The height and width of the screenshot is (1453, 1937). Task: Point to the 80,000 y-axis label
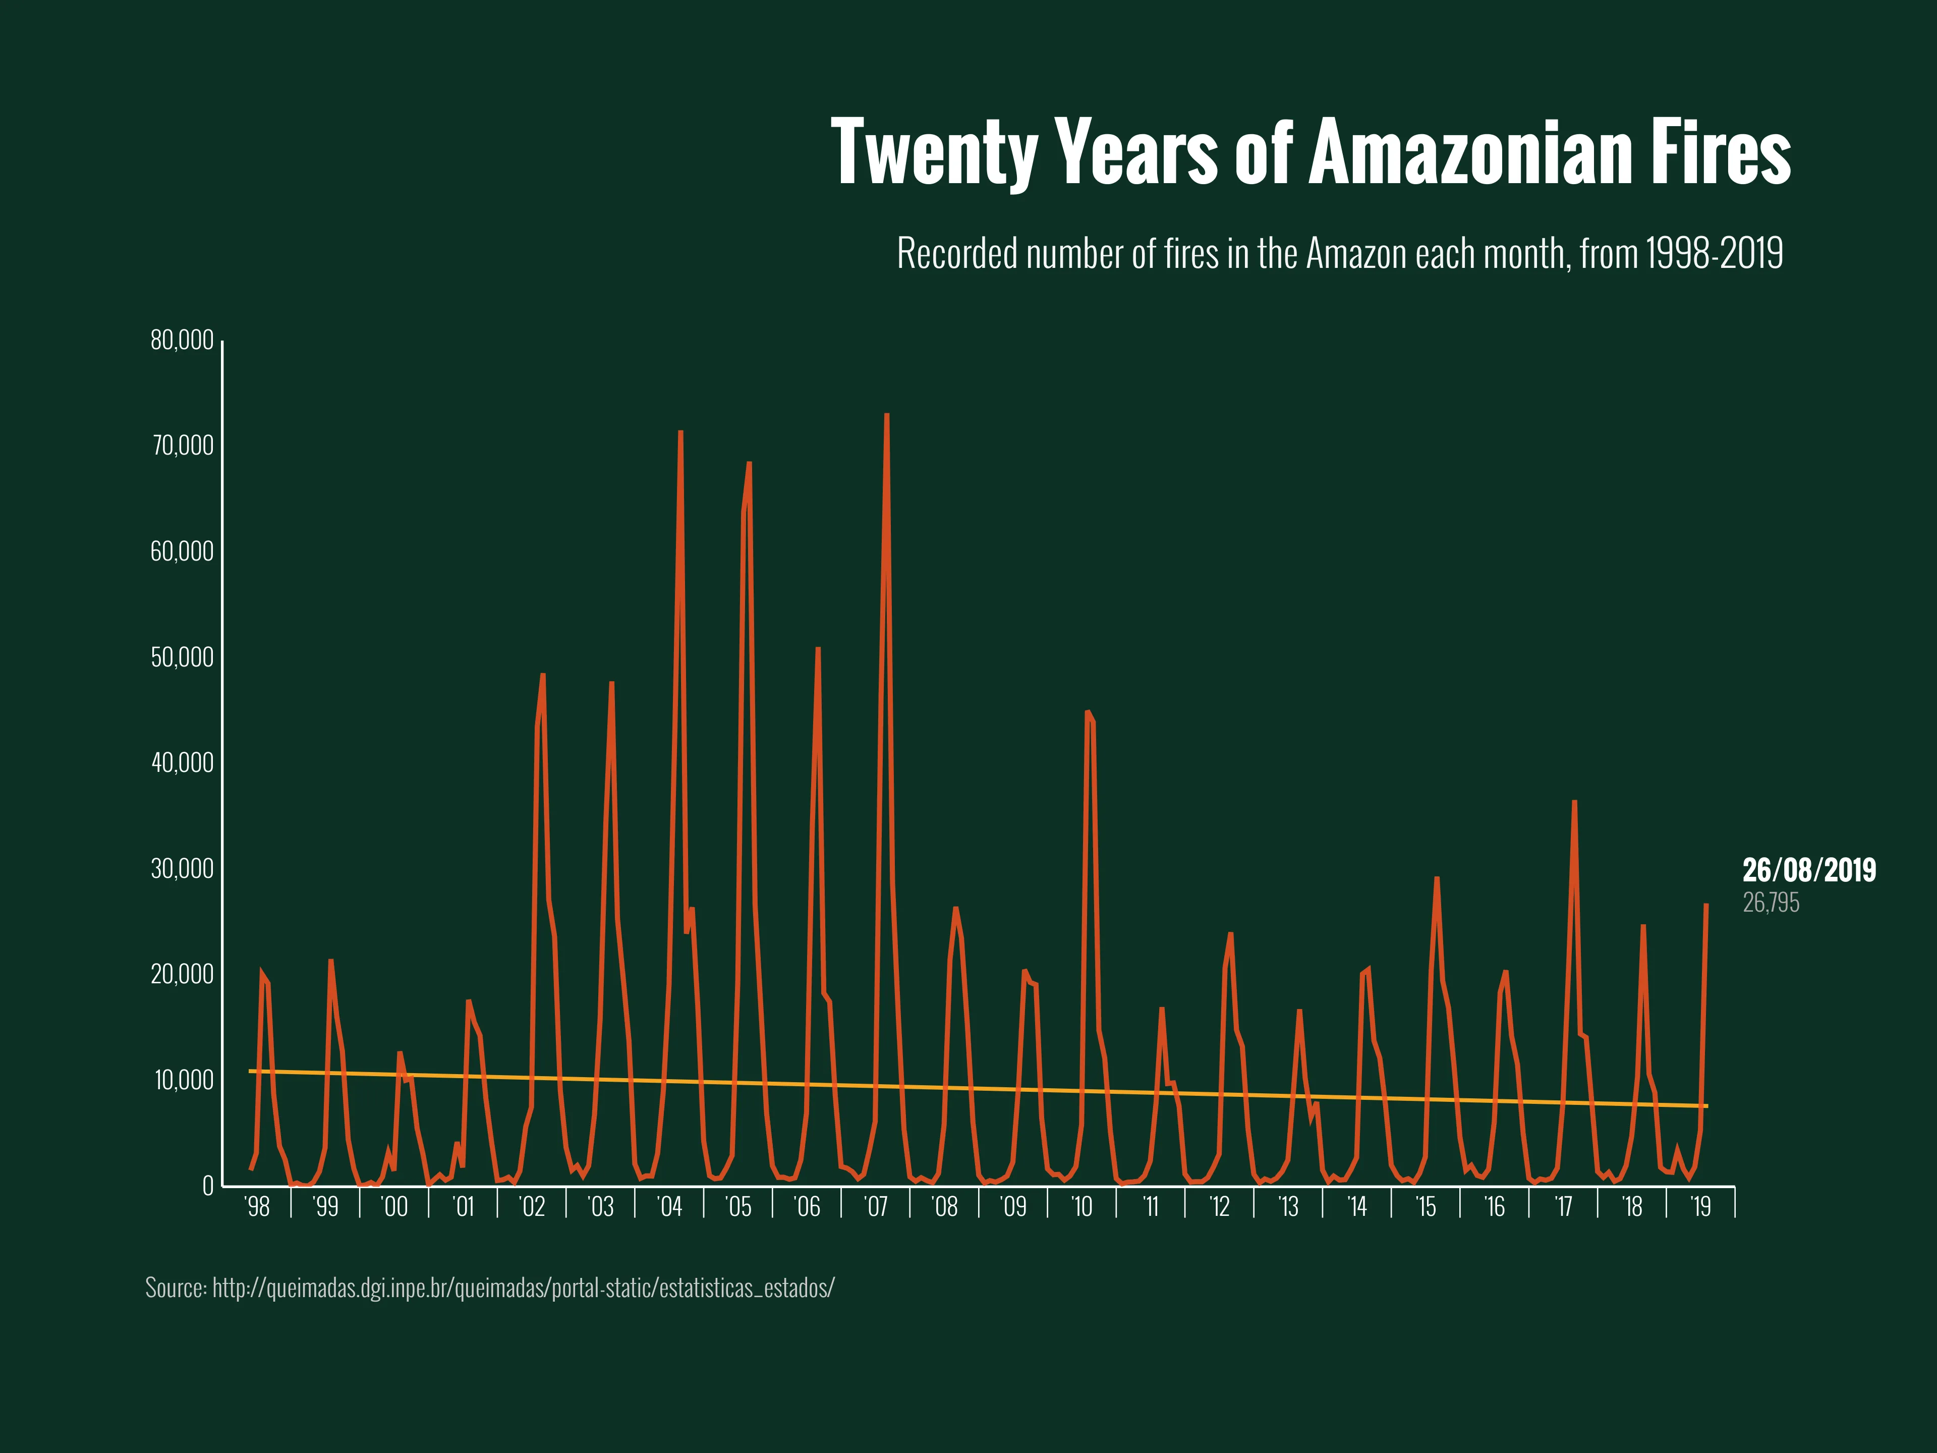click(182, 341)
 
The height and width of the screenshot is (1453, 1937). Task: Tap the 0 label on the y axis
click(207, 1186)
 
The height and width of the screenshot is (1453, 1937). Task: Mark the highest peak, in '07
click(887, 415)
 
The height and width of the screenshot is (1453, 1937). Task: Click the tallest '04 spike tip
click(680, 432)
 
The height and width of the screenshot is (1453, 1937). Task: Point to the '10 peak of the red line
click(1087, 712)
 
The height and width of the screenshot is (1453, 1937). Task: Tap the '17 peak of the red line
click(1574, 801)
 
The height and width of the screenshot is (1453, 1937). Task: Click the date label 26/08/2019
click(1809, 871)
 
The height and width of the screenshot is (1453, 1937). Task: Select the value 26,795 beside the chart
click(1771, 903)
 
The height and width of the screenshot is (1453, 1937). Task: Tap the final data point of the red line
click(1706, 905)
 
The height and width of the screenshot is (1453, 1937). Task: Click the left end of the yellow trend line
click(251, 1071)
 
